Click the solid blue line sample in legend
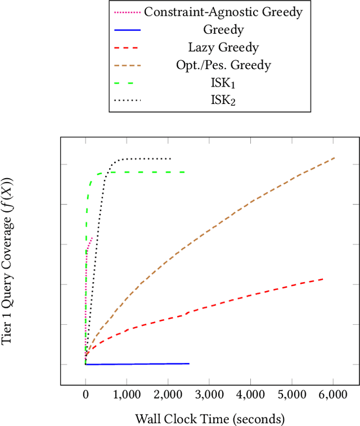(x=127, y=29)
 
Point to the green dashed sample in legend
(x=127, y=83)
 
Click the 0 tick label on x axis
(x=85, y=396)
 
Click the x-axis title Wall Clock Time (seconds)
(x=210, y=419)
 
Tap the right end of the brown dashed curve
(x=335, y=158)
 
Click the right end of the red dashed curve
(x=323, y=279)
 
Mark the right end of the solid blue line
(x=189, y=364)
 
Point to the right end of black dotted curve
(x=170, y=158)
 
